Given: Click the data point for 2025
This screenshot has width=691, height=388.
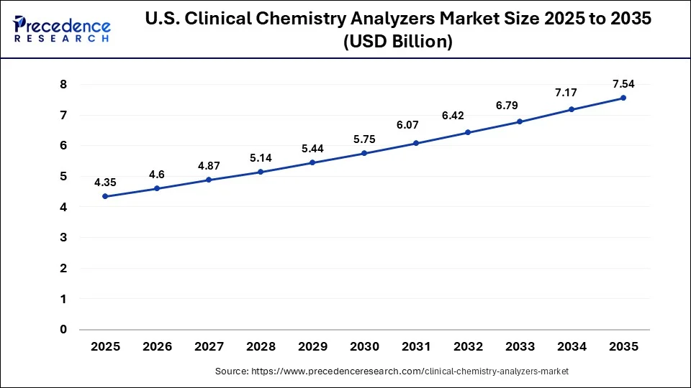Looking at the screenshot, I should [105, 196].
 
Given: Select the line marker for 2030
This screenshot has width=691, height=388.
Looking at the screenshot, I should [364, 153].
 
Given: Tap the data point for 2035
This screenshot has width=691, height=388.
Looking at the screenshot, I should [623, 98].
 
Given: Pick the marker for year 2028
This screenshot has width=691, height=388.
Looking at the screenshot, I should [261, 172].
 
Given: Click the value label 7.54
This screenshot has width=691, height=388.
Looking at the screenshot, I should [623, 83].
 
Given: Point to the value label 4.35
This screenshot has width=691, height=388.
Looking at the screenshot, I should [105, 182].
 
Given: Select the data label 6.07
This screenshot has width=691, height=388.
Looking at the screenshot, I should [416, 125].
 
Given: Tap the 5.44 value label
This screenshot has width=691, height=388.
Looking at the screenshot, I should [312, 148].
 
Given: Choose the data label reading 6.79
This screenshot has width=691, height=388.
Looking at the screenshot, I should [520, 106].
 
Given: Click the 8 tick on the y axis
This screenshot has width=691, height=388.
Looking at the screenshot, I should [63, 84].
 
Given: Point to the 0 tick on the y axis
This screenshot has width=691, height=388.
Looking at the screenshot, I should [63, 330].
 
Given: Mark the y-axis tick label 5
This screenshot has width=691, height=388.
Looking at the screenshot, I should [63, 176].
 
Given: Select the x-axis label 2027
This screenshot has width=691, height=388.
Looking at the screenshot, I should [209, 346].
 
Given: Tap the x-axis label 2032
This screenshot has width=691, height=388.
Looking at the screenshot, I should [468, 346].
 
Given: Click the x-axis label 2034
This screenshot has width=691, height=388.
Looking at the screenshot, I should [572, 346].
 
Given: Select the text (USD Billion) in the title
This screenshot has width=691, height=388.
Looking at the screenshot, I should [399, 42].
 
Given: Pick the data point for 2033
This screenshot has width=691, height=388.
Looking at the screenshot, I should [520, 121].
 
